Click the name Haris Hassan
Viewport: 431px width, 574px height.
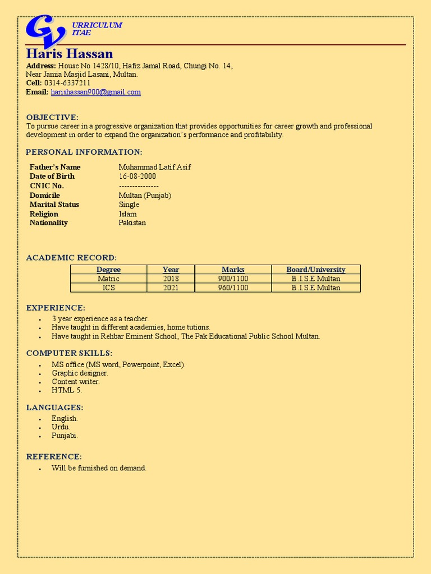[69, 54]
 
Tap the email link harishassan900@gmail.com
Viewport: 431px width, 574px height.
[95, 92]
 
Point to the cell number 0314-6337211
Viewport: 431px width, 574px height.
[67, 83]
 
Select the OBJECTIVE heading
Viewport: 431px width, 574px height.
[52, 117]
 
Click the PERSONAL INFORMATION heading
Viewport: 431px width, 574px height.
[84, 152]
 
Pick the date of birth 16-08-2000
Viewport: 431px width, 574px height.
[138, 176]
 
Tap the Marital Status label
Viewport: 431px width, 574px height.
[54, 204]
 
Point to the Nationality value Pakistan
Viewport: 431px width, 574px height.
[132, 223]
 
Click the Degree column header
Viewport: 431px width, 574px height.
[108, 270]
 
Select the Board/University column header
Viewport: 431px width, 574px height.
[315, 270]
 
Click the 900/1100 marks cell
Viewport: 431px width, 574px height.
[233, 279]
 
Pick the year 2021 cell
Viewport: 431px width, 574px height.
[171, 288]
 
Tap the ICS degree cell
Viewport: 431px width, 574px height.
[108, 288]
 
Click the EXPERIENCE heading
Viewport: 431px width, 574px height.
[56, 308]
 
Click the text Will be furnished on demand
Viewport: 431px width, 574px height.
[99, 468]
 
